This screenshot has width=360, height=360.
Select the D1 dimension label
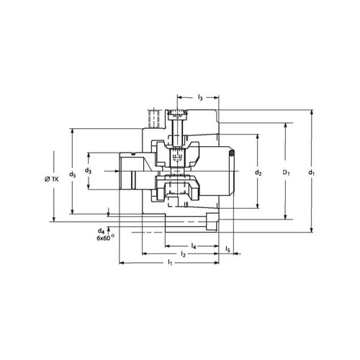coord(287,173)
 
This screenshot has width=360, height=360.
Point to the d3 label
coord(88,171)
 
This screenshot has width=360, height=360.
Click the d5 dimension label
coord(71,174)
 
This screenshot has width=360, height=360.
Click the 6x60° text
coord(106,238)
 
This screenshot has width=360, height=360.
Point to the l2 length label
coord(183,255)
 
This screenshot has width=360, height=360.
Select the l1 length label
coord(170,264)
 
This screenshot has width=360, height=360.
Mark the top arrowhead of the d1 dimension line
coord(311,112)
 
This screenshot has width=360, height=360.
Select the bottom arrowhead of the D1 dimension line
coord(287,217)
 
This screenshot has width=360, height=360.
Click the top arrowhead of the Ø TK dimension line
coord(56,130)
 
